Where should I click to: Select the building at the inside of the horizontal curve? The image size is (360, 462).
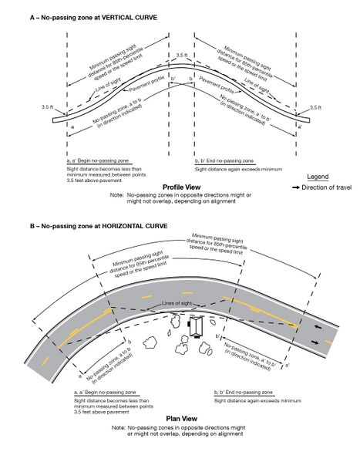coord(199,327)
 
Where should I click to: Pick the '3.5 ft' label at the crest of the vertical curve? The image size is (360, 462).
coord(181,56)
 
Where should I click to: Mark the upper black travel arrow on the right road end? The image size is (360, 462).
coord(318,325)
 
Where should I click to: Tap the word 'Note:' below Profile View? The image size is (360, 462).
coord(117,196)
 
